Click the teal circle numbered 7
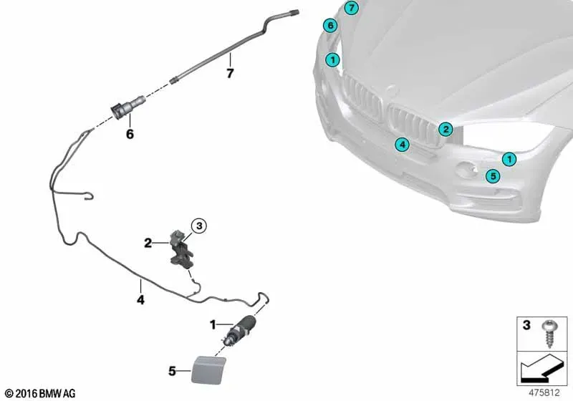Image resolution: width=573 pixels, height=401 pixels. [351, 7]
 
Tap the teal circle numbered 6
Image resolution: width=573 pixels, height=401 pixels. [330, 26]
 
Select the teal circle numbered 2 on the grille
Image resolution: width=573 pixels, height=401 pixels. [446, 129]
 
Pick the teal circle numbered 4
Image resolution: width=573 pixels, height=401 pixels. [403, 145]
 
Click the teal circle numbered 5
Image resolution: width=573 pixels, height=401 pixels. [493, 176]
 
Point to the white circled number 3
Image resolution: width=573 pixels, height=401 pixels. [199, 226]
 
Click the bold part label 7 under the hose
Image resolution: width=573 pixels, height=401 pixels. [230, 74]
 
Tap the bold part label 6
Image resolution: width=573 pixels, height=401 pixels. [130, 135]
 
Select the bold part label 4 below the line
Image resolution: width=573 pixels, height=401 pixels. [140, 300]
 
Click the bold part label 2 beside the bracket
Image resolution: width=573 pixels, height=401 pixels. [148, 243]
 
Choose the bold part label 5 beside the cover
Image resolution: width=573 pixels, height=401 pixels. [172, 372]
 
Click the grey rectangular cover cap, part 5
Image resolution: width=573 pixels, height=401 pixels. [208, 370]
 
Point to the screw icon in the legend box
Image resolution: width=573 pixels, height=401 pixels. [549, 334]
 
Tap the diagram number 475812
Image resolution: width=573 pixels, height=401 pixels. [544, 393]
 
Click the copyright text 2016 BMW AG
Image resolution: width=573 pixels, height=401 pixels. [41, 393]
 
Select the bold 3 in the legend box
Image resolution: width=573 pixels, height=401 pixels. [526, 325]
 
